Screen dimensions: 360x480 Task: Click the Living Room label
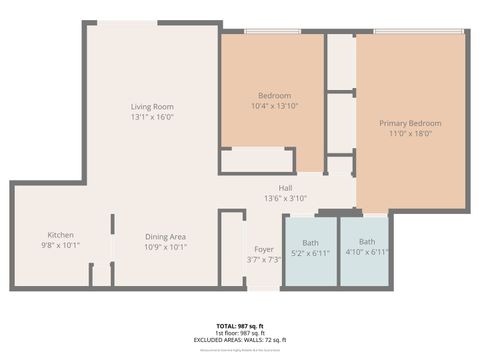pyautogui.click(x=152, y=106)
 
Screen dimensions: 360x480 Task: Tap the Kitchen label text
pyautogui.click(x=60, y=235)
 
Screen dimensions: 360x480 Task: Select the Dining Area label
pyautogui.click(x=165, y=235)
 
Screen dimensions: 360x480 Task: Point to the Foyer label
pyautogui.click(x=263, y=249)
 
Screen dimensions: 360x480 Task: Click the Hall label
pyautogui.click(x=285, y=188)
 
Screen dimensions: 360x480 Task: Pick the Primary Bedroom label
pyautogui.click(x=410, y=123)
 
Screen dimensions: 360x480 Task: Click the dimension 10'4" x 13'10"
pyautogui.click(x=274, y=105)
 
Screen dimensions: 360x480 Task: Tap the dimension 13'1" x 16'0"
pyautogui.click(x=152, y=116)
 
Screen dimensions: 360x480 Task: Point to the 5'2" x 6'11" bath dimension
pyautogui.click(x=311, y=254)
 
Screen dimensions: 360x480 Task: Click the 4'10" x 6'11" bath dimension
pyautogui.click(x=367, y=254)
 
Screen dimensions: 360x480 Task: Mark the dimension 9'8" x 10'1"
pyautogui.click(x=60, y=245)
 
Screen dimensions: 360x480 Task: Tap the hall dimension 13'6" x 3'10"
pyautogui.click(x=285, y=198)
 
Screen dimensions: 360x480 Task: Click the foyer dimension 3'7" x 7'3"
pyautogui.click(x=263, y=259)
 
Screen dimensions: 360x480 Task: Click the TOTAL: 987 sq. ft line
pyautogui.click(x=239, y=326)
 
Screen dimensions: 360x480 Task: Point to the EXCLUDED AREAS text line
pyautogui.click(x=239, y=340)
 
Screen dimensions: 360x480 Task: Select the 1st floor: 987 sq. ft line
pyautogui.click(x=239, y=333)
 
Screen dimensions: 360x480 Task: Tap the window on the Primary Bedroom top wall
pyautogui.click(x=418, y=33)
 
